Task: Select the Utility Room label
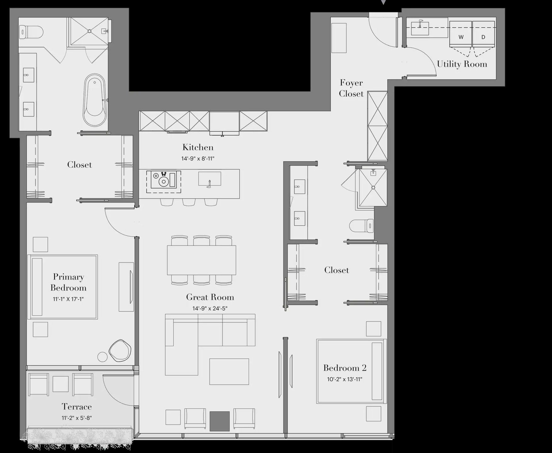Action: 462,64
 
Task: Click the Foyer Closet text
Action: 351,88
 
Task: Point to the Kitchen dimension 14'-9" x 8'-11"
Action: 198,159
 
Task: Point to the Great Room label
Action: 210,297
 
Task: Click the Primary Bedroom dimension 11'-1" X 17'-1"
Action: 68,299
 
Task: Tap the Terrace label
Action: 77,407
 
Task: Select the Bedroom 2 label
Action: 344,368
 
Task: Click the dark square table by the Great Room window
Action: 219,421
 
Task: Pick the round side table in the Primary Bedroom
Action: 102,357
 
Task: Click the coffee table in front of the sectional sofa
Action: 229,371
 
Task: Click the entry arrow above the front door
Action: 383,2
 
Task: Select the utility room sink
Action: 420,28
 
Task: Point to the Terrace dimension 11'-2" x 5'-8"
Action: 77,418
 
